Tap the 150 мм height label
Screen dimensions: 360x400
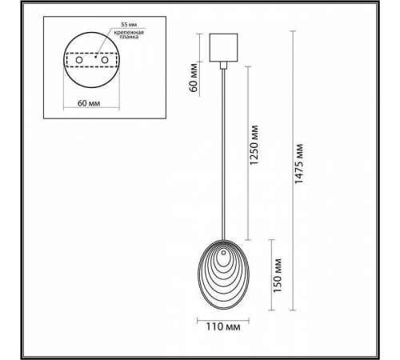pos(276,271)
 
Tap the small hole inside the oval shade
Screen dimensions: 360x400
pos(225,258)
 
